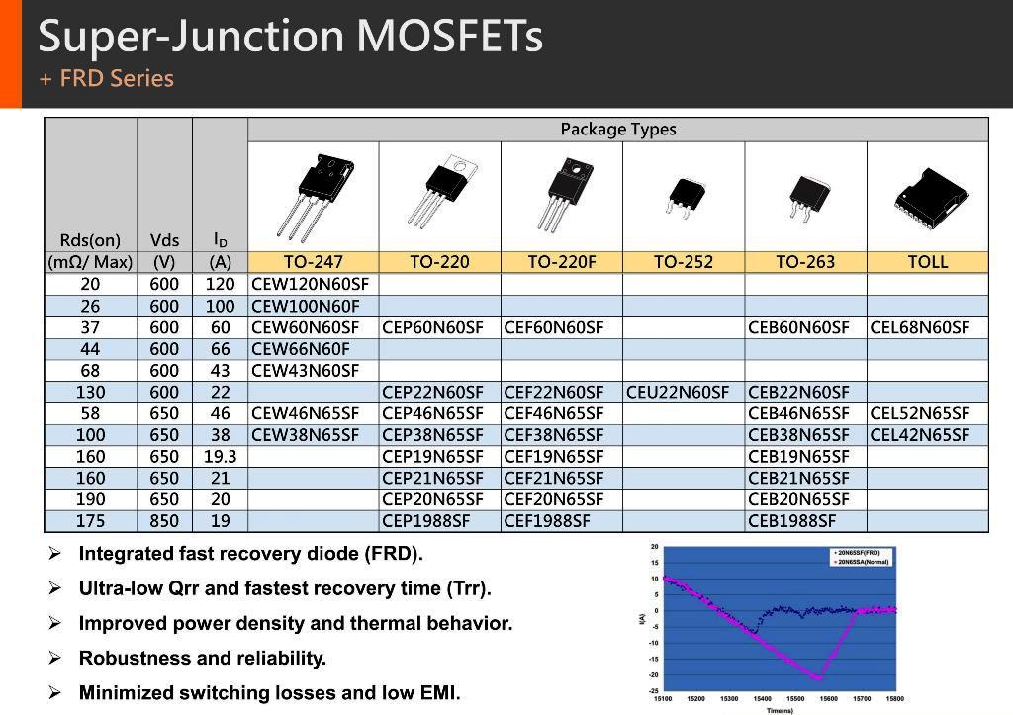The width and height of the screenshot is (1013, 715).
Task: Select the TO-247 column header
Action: [x=313, y=262]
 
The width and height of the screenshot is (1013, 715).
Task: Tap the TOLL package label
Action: [x=927, y=262]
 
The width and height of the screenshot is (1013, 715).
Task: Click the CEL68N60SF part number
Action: [x=919, y=328]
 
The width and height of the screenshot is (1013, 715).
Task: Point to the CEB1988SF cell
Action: [x=791, y=521]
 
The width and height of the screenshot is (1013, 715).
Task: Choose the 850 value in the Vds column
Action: [x=164, y=521]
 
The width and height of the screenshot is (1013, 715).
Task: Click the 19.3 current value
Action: [x=220, y=457]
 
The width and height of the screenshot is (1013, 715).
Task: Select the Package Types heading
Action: [x=617, y=130]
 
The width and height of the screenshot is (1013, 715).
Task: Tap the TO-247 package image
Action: [x=312, y=195]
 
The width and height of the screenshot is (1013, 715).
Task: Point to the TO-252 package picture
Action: [x=683, y=196]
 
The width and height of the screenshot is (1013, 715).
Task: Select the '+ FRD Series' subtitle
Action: [x=106, y=79]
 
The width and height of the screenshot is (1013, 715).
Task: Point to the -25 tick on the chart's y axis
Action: [x=654, y=690]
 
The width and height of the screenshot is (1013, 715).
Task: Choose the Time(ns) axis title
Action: [x=780, y=710]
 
